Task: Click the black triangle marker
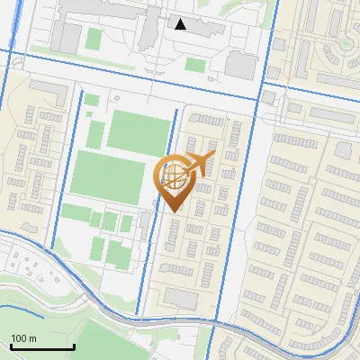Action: point(181,24)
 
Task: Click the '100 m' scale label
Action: point(24,338)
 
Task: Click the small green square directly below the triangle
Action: point(195,64)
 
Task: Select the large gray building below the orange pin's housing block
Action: point(181,298)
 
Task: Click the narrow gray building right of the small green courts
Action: point(146,224)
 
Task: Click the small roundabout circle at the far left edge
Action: point(17,63)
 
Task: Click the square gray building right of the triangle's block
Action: point(241,64)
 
